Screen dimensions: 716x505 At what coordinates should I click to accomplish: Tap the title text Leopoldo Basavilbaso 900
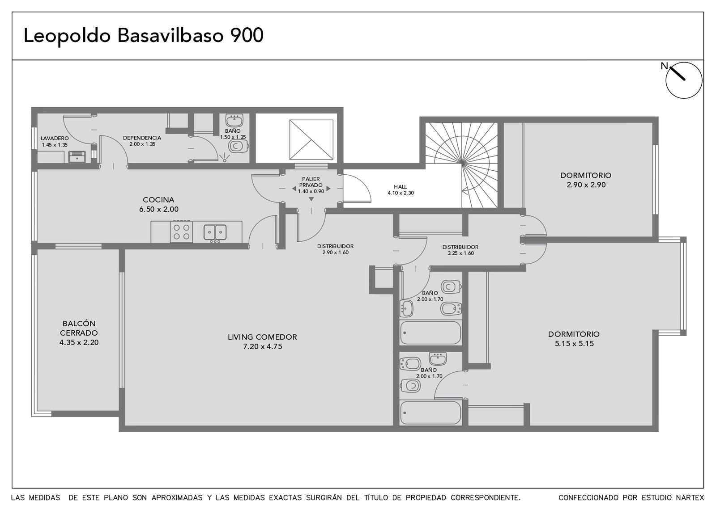coord(144,35)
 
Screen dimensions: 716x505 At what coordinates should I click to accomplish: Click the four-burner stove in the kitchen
coord(181,232)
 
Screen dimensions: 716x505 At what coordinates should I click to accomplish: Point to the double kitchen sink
coord(215,232)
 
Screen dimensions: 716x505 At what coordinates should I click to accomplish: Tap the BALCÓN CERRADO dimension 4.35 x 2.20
coord(79,342)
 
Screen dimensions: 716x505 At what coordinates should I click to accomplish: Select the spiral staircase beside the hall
coord(461,165)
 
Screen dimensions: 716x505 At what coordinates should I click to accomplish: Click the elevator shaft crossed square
coord(311,139)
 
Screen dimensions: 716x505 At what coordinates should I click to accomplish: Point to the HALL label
coord(400,187)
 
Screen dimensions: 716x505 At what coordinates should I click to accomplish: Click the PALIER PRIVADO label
coord(311,182)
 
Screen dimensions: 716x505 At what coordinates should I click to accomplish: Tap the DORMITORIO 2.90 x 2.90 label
coord(586,180)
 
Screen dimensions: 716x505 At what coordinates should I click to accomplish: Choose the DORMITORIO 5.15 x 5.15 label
coord(574,339)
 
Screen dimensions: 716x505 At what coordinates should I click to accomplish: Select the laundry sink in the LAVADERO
coord(77,157)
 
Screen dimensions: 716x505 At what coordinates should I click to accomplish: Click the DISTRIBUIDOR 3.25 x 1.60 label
coord(460,250)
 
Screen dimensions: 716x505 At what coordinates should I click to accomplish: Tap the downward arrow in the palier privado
coord(311,199)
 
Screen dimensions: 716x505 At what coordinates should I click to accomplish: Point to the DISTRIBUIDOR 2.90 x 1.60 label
coord(335,249)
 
